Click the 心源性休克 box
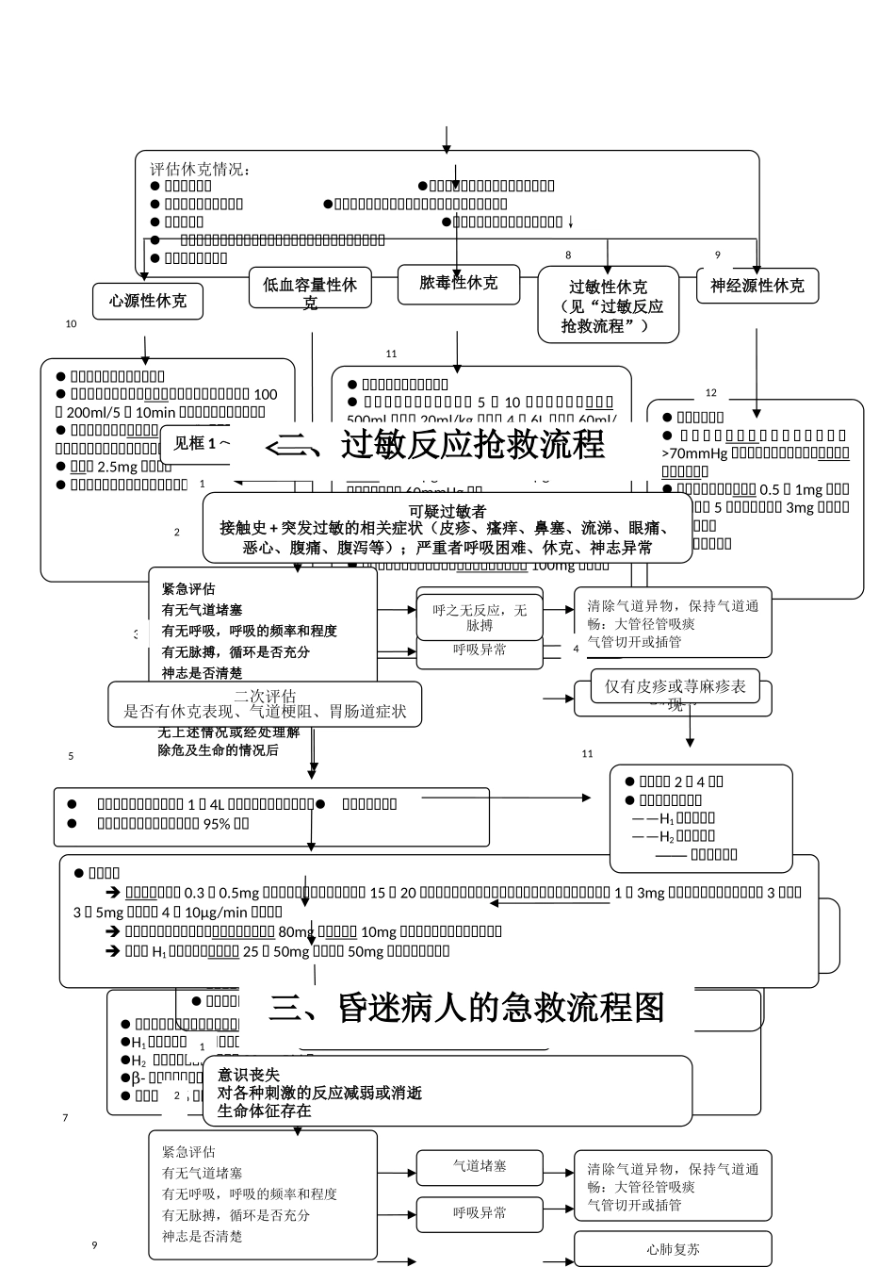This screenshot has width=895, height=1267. tap(148, 302)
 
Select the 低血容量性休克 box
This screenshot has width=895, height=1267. tap(310, 288)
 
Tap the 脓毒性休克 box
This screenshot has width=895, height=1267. tap(458, 284)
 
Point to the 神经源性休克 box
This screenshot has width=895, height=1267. tap(757, 286)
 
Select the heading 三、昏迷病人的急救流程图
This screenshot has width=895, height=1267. tap(466, 1007)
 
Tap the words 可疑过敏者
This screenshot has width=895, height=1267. tap(447, 511)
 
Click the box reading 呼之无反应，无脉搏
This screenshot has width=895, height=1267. tap(480, 617)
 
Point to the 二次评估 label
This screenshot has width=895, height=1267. tap(265, 697)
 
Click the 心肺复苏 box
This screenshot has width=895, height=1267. tap(673, 1249)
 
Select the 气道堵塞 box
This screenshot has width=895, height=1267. tap(480, 1166)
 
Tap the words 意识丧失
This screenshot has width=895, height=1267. tap(249, 1075)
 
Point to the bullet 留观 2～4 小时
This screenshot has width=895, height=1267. tap(680, 781)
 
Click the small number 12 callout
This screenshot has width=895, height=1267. tap(711, 393)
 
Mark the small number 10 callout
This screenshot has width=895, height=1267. tap(71, 324)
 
